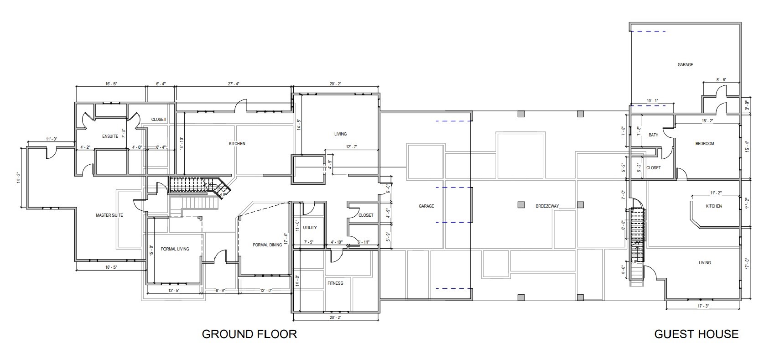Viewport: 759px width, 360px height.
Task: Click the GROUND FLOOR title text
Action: click(x=249, y=334)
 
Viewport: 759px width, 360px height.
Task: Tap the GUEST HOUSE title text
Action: click(x=696, y=334)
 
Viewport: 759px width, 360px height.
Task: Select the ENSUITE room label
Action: click(x=110, y=136)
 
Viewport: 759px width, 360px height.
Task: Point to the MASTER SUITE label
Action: click(x=109, y=215)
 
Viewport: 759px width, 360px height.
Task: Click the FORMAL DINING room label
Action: click(x=267, y=245)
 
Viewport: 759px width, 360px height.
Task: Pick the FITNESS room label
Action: click(x=335, y=283)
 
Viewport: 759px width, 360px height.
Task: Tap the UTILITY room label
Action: click(x=310, y=227)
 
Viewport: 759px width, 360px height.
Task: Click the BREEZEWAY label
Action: click(x=547, y=206)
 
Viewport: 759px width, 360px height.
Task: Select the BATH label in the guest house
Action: click(x=653, y=135)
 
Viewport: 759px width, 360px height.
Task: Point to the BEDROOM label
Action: click(x=704, y=144)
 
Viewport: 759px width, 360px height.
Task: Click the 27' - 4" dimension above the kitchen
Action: click(x=234, y=84)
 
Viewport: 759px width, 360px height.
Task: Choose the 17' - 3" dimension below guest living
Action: click(x=703, y=306)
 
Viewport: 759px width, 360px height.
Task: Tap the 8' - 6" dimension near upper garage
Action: click(x=721, y=80)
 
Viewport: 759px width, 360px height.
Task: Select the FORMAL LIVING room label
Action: click(x=175, y=249)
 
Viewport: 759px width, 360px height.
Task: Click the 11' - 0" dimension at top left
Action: click(x=51, y=139)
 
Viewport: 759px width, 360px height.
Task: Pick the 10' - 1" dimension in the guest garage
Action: click(x=653, y=101)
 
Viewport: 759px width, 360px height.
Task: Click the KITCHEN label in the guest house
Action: click(x=714, y=206)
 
